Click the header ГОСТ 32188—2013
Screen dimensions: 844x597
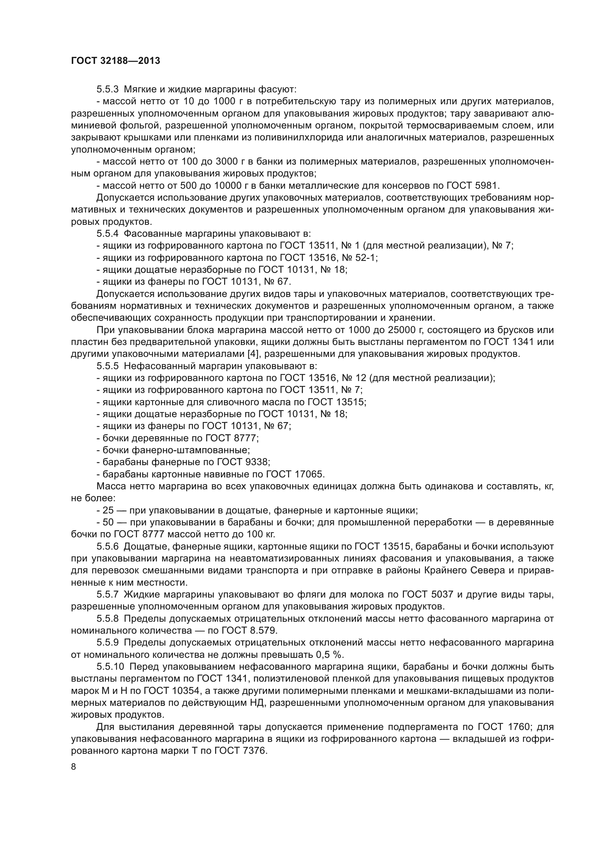(x=116, y=61)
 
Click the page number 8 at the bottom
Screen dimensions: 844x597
(x=74, y=766)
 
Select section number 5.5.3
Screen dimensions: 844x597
(x=108, y=89)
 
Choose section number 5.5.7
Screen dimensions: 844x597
(x=108, y=594)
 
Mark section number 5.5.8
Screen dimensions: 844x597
(x=108, y=619)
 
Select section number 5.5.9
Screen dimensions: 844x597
(x=108, y=643)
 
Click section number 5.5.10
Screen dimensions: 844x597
(x=110, y=667)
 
